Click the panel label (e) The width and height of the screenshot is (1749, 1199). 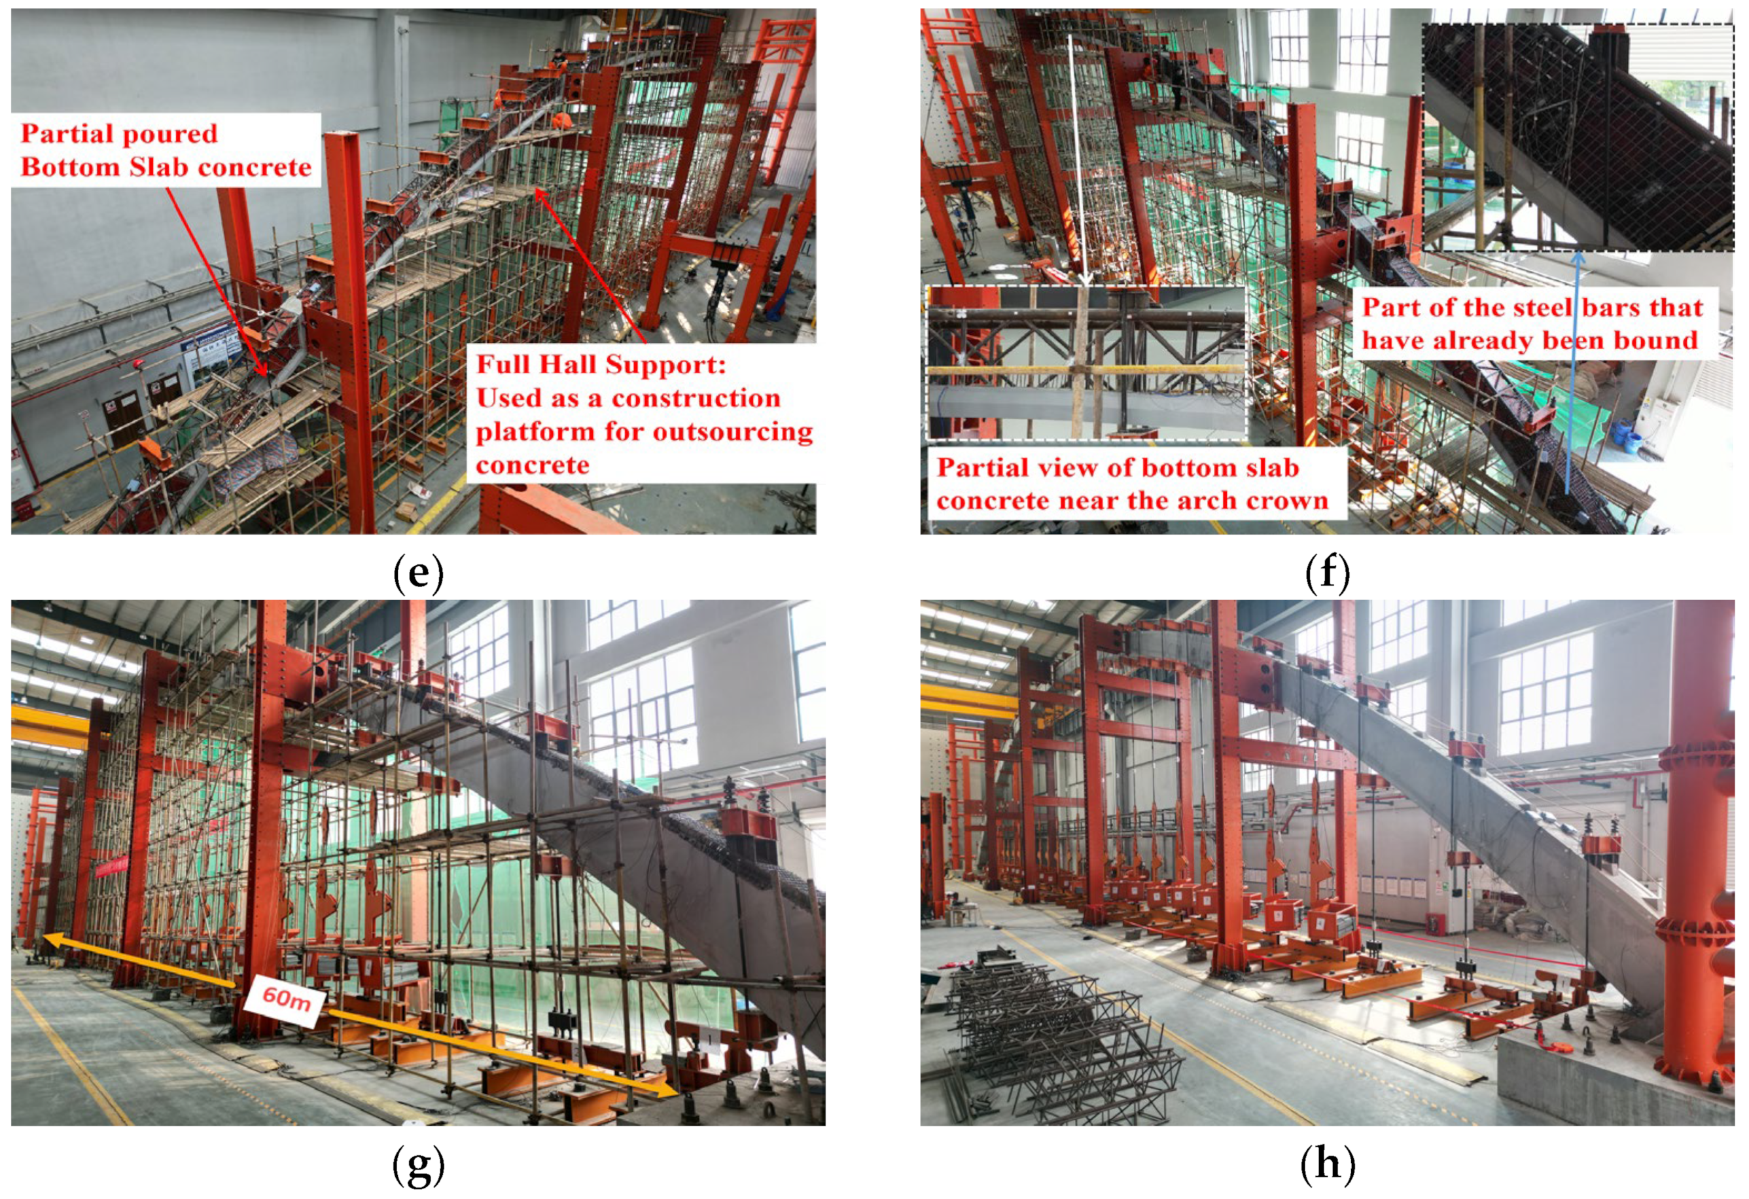pyautogui.click(x=418, y=573)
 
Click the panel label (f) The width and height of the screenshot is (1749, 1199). pyautogui.click(x=1327, y=573)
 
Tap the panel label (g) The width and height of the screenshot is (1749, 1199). pyautogui.click(x=418, y=1165)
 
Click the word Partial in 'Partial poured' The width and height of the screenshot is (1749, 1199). pyautogui.click(x=67, y=134)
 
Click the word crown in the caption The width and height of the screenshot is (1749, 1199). pyautogui.click(x=1288, y=501)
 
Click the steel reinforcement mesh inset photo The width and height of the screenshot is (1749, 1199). pyautogui.click(x=1578, y=137)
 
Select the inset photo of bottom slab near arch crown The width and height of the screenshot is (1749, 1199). pyautogui.click(x=1087, y=362)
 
